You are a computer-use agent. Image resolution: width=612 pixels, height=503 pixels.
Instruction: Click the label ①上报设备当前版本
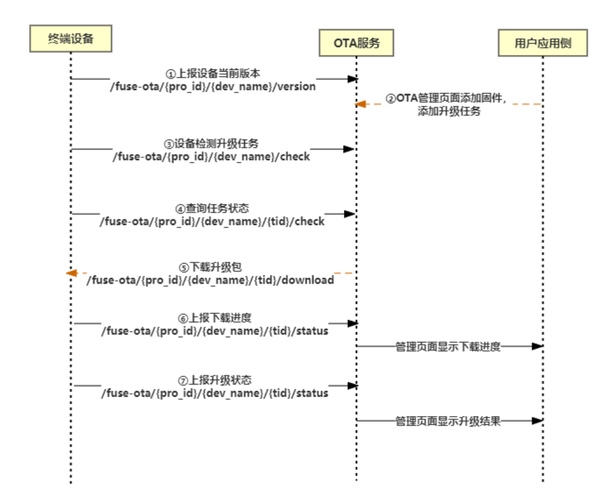click(x=213, y=75)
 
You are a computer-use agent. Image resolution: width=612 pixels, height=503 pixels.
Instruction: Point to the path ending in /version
click(x=213, y=87)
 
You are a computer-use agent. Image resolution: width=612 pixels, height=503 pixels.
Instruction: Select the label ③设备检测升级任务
click(x=211, y=144)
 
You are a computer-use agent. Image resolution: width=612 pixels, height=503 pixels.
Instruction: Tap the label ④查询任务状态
click(x=212, y=209)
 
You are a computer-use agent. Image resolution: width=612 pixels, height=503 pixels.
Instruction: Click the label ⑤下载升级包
click(x=210, y=268)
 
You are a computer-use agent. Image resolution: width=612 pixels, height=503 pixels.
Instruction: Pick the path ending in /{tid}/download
click(x=210, y=280)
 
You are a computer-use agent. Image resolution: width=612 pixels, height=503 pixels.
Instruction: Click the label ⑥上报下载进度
click(x=215, y=318)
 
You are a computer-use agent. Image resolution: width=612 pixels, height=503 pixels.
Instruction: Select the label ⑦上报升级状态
click(x=215, y=380)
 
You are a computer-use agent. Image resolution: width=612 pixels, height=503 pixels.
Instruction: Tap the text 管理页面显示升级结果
click(x=448, y=421)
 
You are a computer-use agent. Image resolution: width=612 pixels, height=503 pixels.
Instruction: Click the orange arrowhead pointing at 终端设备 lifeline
click(x=72, y=273)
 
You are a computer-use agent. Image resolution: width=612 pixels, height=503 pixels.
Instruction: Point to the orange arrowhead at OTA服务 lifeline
click(x=361, y=104)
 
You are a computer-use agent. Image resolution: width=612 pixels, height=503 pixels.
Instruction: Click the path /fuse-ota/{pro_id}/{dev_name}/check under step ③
click(x=211, y=157)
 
